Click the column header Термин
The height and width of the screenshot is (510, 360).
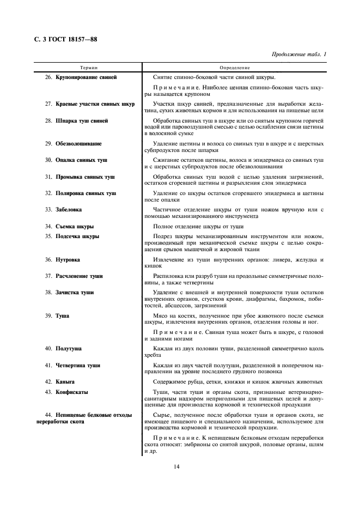[x=88, y=68]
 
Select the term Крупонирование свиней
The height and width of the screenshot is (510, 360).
[x=86, y=77]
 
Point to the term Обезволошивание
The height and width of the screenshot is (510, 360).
[x=78, y=143]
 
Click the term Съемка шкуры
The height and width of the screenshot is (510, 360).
[x=75, y=226]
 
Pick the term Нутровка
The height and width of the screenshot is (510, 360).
[x=68, y=259]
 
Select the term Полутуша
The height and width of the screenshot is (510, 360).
[x=69, y=348]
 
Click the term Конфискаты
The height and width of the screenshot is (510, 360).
[x=72, y=392]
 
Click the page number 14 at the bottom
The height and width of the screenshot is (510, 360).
[x=177, y=466]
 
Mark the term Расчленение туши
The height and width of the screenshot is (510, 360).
[x=79, y=276]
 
